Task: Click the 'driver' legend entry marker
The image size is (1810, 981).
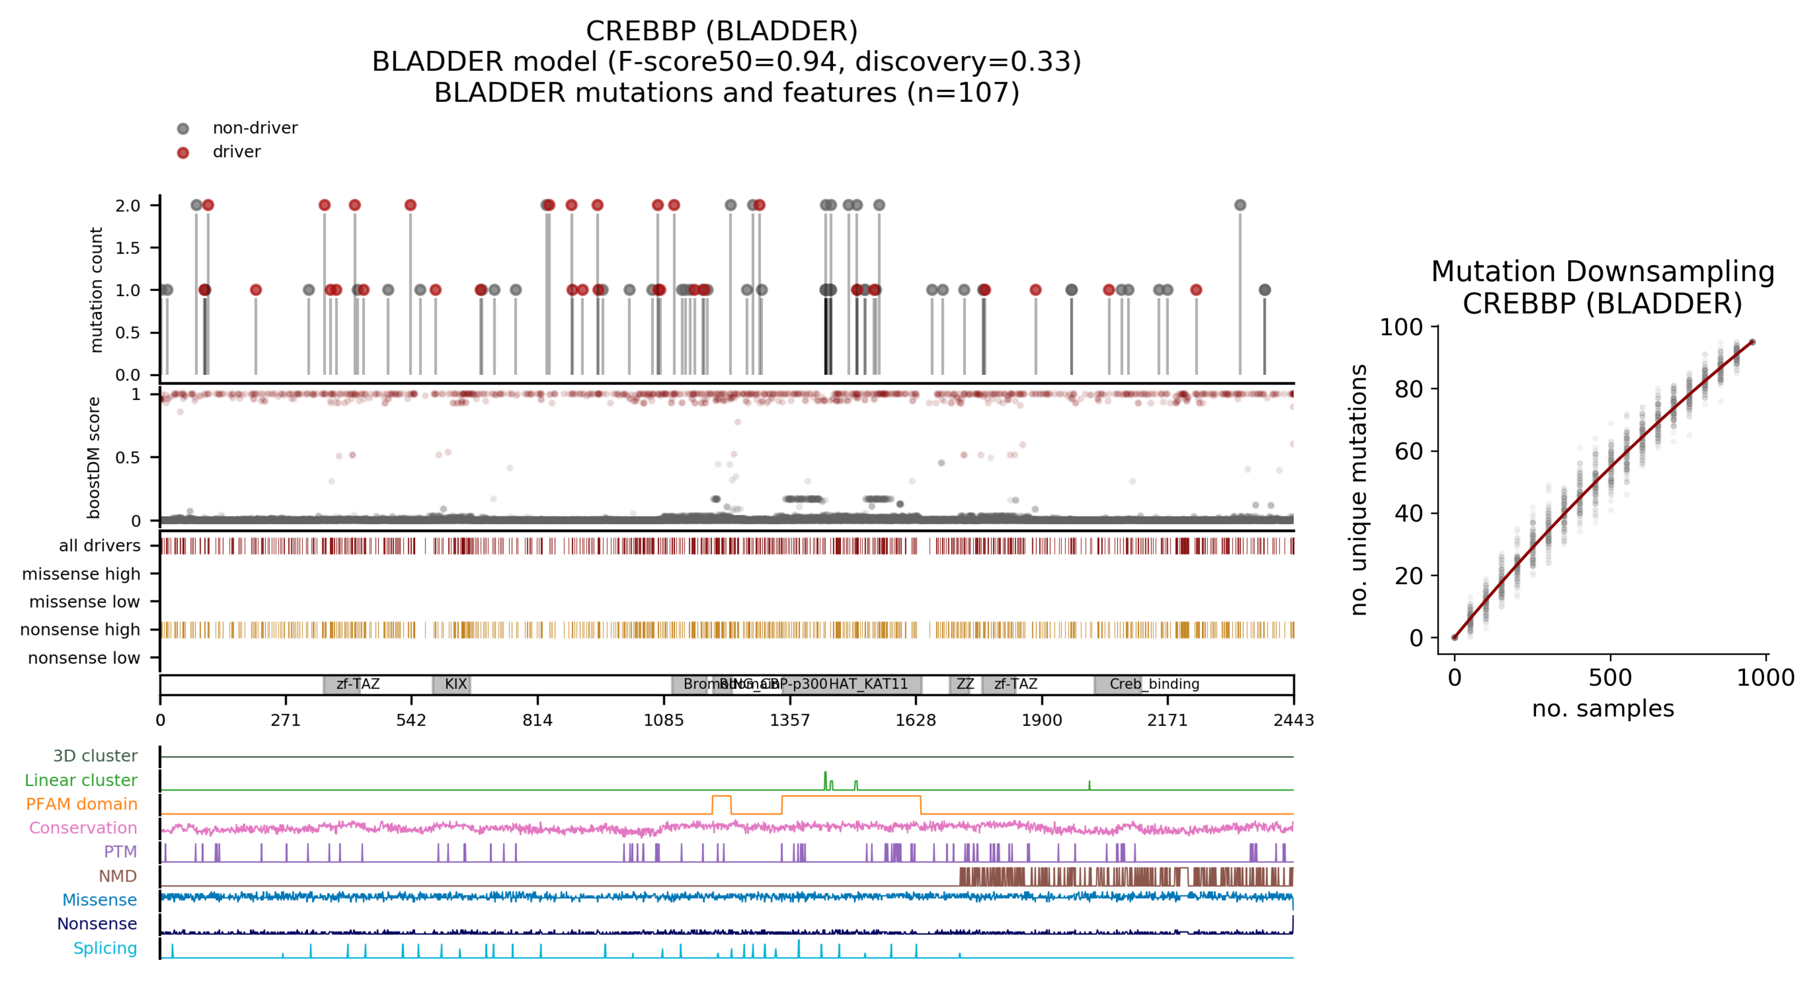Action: click(183, 153)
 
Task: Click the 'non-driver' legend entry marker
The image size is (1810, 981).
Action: click(183, 128)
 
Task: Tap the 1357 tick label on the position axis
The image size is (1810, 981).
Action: click(790, 720)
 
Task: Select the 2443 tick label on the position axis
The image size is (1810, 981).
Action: click(1293, 720)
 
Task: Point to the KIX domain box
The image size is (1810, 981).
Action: click(452, 684)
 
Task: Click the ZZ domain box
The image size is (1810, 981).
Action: click(960, 684)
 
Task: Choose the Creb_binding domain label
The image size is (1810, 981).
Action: click(1154, 684)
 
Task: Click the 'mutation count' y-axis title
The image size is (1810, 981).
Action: click(96, 290)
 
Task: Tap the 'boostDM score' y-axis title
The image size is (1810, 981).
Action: click(93, 458)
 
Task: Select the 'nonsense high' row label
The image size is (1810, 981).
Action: click(80, 630)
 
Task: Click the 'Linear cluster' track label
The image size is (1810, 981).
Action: click(81, 780)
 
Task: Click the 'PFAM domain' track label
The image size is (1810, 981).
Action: click(82, 804)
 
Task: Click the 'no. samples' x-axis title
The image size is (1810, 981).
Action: click(1603, 709)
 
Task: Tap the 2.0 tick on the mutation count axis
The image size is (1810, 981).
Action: click(128, 206)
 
